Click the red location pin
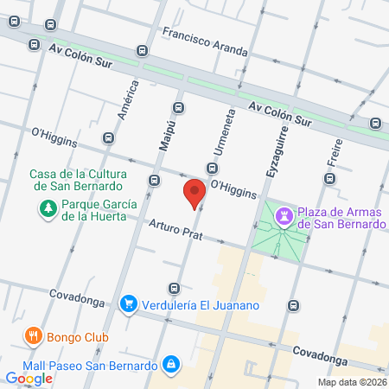[194, 192]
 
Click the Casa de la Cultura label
[79, 179]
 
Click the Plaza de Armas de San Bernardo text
[341, 218]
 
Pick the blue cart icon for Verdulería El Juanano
[129, 303]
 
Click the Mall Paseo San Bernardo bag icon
[172, 363]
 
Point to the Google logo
[29, 378]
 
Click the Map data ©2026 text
[352, 382]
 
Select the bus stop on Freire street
[329, 179]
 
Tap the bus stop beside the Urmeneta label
[211, 168]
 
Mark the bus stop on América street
[108, 137]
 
